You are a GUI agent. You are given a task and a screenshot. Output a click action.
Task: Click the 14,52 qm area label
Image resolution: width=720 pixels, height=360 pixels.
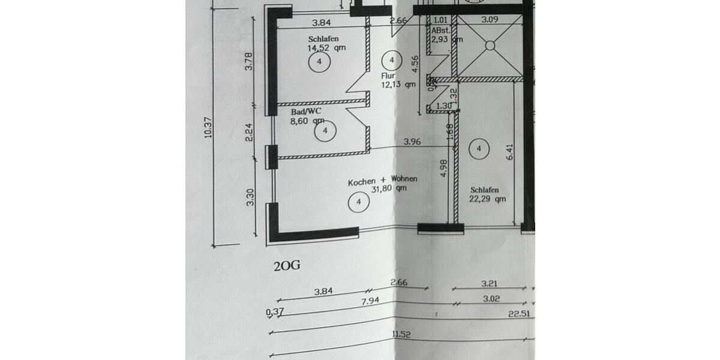click(x=326, y=47)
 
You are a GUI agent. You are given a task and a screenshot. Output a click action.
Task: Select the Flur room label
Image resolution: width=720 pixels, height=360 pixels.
click(x=388, y=76)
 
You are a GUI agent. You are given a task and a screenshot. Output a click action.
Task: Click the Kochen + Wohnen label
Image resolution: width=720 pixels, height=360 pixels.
click(x=383, y=179)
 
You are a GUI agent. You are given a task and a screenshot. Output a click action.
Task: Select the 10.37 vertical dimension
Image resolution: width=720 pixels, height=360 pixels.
click(x=208, y=126)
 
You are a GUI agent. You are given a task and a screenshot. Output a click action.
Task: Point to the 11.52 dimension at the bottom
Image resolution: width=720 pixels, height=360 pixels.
click(x=401, y=333)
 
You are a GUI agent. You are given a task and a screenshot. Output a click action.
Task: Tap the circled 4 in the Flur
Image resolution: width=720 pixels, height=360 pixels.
click(x=391, y=60)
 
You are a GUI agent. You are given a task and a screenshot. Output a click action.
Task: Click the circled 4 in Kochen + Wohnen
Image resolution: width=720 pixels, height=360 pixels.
click(x=358, y=202)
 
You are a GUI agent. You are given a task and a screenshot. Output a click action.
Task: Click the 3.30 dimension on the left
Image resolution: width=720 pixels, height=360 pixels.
click(x=250, y=197)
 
